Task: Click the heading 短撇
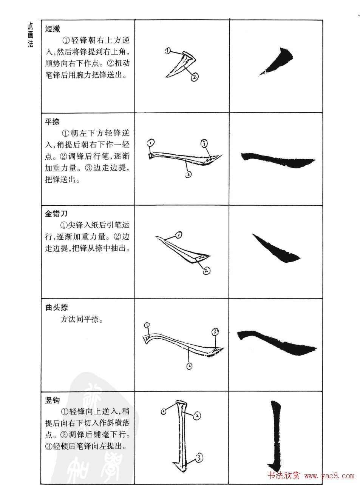point(53,29)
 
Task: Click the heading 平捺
point(52,122)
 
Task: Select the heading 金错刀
point(56,214)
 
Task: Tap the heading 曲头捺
point(56,308)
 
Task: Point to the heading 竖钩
point(52,400)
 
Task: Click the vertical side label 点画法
point(31,34)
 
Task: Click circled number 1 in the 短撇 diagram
point(168,51)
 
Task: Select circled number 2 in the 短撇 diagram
point(195,77)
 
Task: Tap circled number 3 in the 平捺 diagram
point(204,143)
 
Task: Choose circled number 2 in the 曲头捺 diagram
point(189,366)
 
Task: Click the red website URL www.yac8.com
point(330,476)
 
